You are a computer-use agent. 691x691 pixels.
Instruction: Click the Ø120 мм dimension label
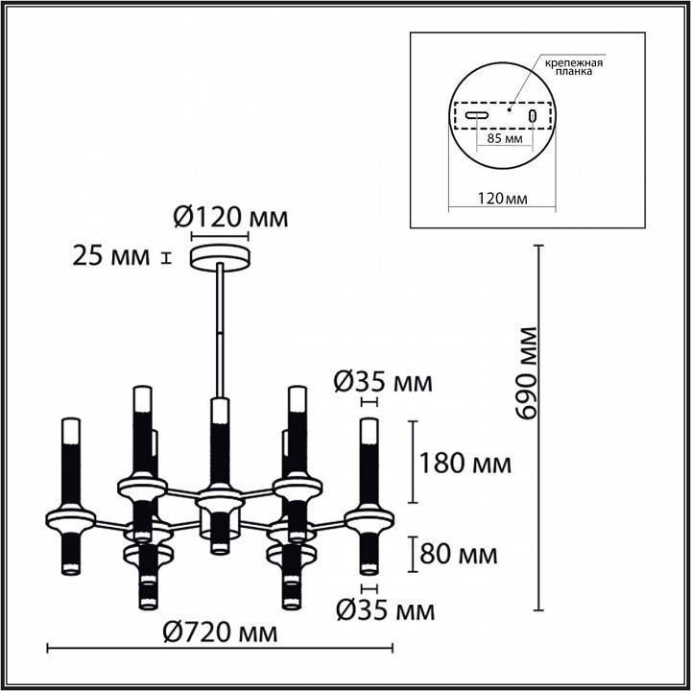click(x=230, y=218)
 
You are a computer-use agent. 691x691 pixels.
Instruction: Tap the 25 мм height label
click(x=111, y=256)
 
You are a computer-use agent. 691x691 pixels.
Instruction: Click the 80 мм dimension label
click(x=460, y=554)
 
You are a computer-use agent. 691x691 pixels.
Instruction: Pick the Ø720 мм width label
click(x=220, y=632)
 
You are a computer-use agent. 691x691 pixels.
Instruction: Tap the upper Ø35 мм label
click(x=383, y=383)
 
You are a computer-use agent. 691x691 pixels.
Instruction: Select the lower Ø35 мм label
click(x=385, y=609)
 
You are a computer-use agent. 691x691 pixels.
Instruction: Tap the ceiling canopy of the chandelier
click(x=222, y=256)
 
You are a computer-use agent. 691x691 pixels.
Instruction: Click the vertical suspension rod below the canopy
click(x=222, y=326)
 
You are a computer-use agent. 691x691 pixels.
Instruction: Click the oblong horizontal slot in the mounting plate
click(x=477, y=116)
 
